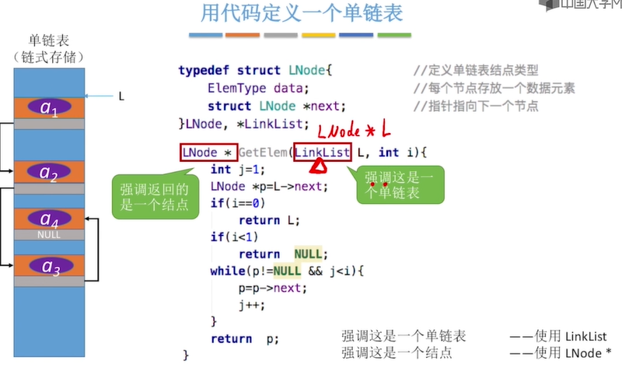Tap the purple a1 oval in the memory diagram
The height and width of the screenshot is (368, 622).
coord(49,107)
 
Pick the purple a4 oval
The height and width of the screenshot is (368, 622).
coord(49,219)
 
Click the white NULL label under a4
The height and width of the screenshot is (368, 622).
coord(49,233)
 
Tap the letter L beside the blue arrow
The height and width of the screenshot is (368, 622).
coord(121,96)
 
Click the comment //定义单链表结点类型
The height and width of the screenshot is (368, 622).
coord(476,70)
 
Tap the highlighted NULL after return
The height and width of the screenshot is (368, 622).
coord(308,254)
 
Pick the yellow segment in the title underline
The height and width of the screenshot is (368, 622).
coord(318,36)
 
